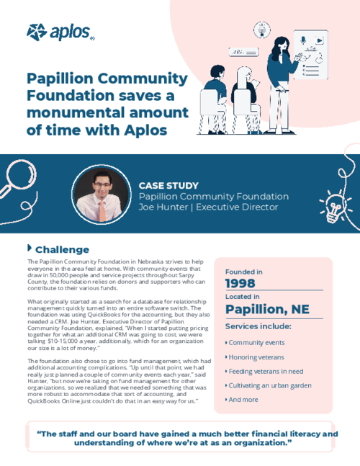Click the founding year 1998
241,283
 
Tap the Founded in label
244,271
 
